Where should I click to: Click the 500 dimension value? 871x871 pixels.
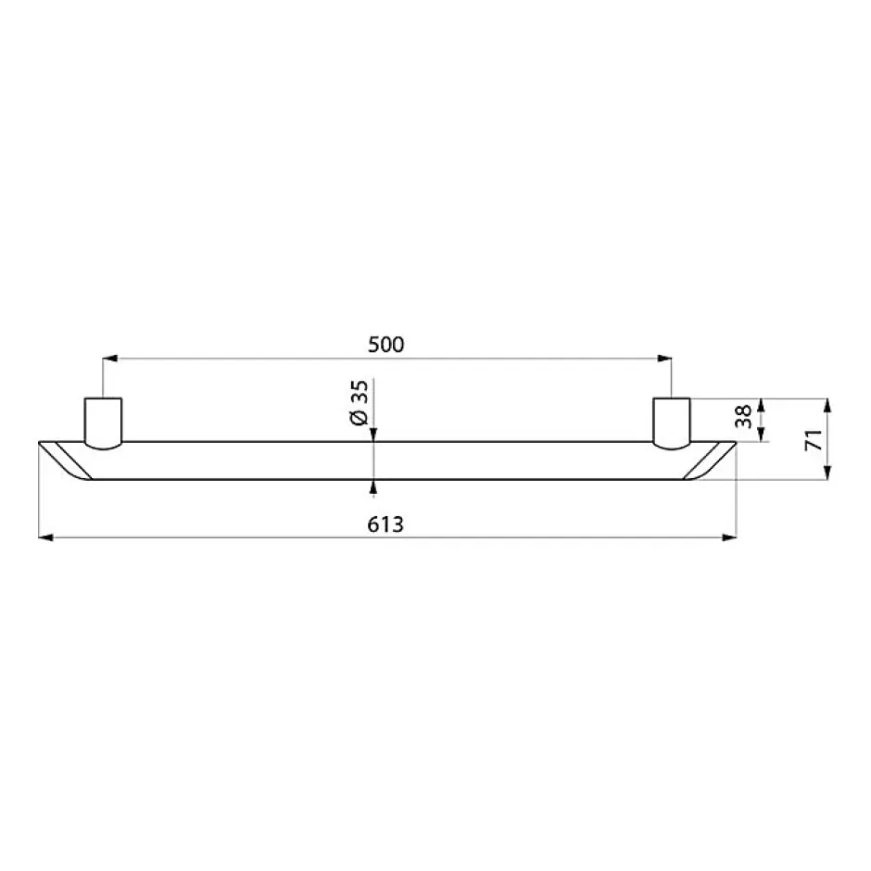coord(386,345)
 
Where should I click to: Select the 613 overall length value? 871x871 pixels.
coord(385,524)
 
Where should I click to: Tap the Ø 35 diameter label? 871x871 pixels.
coord(360,403)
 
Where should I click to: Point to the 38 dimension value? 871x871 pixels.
coord(743,416)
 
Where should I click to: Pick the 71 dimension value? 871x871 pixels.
coord(814,439)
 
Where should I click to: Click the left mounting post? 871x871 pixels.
coord(104,423)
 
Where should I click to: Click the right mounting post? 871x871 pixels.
coord(672,423)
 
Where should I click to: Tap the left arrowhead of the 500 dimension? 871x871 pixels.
coord(110,359)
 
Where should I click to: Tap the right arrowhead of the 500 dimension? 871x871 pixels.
coord(664,359)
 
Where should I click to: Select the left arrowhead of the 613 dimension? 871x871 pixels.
coord(45,537)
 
